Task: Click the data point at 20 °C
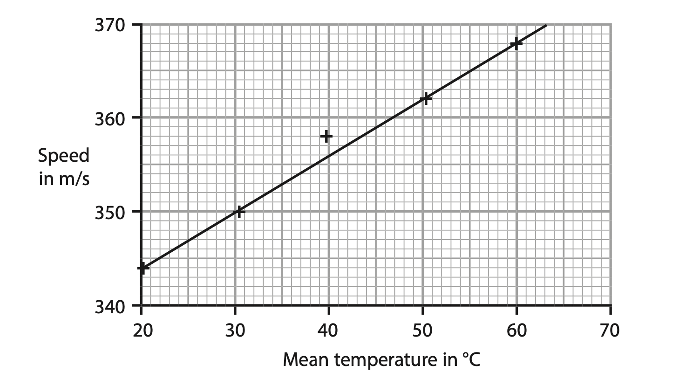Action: point(142,268)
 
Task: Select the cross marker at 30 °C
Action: point(238,212)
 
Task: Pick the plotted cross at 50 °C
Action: point(426,99)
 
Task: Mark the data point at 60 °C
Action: point(516,43)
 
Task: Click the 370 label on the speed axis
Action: point(110,25)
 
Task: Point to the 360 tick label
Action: point(110,118)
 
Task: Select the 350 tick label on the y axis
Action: point(110,212)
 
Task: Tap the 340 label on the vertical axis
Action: point(110,306)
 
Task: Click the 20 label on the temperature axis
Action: point(141,330)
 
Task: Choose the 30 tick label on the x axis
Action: point(235,330)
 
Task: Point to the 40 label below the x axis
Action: point(329,330)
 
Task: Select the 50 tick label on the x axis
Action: point(422,330)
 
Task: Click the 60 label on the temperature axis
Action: point(516,330)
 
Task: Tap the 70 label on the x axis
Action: point(610,330)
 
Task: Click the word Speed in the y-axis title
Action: point(63,156)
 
